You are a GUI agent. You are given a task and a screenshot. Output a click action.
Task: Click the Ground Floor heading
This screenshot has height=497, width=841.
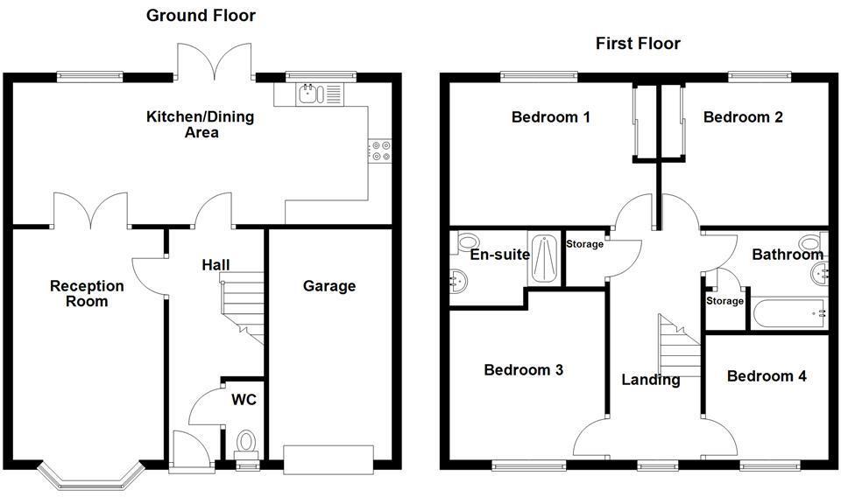(x=201, y=15)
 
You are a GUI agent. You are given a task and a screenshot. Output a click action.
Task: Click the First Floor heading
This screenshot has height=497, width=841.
(x=638, y=43)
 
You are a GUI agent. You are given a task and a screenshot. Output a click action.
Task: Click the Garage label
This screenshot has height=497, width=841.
(x=329, y=286)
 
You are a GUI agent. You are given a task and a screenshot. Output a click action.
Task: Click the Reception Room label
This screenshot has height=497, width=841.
(x=87, y=294)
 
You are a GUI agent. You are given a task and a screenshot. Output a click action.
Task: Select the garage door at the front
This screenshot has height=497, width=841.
(x=329, y=457)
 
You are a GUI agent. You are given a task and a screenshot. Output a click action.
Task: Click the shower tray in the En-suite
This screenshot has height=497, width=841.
(x=541, y=259)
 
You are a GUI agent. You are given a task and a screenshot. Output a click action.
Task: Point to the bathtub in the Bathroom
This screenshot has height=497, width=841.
(x=788, y=312)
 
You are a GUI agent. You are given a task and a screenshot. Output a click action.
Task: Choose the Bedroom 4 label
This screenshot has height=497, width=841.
(x=767, y=376)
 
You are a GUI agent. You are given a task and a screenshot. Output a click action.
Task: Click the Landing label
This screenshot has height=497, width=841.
(x=650, y=380)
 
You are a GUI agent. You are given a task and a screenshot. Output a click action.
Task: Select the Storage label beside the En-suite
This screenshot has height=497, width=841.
(x=584, y=244)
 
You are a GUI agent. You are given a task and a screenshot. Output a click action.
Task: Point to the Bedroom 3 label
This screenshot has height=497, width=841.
(x=524, y=370)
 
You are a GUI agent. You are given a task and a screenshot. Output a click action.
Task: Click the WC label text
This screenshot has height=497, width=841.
(x=244, y=400)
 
